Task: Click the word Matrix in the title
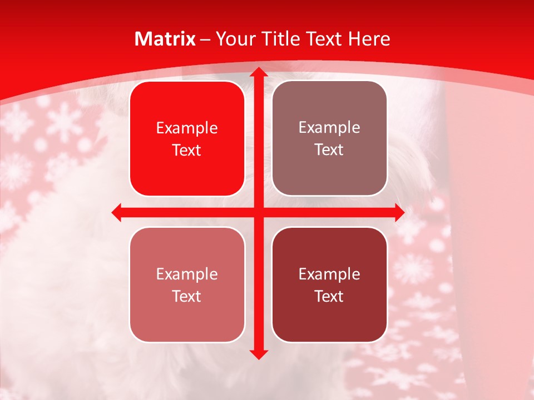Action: coord(165,39)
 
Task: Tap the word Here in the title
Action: coord(369,39)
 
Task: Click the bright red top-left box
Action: coord(187,138)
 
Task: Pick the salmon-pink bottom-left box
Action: coord(187,284)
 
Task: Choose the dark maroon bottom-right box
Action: coord(329,284)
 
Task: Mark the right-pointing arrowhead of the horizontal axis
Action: coord(399,212)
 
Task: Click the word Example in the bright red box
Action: coord(187,128)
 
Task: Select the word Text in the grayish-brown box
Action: coord(329,149)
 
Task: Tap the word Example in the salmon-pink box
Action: coord(187,274)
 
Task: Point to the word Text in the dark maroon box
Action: coord(329,296)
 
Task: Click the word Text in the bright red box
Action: coord(187,150)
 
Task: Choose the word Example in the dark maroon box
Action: coord(329,274)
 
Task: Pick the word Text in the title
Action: coord(323,39)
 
